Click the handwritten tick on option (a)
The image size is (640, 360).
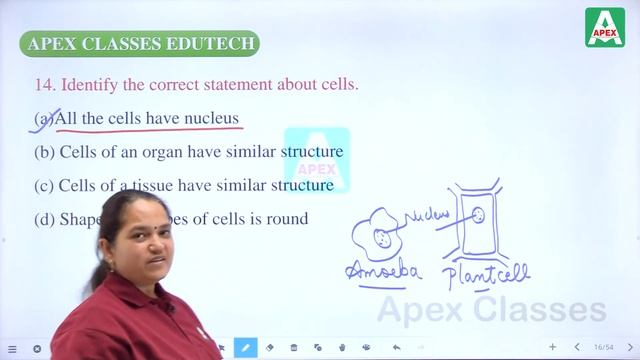point(43,119)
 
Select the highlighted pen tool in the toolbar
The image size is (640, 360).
point(245,347)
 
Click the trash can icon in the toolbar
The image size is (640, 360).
point(294,347)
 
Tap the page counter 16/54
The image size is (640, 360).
point(603,347)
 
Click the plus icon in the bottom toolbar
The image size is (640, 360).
point(553,347)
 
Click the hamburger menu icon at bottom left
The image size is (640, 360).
point(12,348)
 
